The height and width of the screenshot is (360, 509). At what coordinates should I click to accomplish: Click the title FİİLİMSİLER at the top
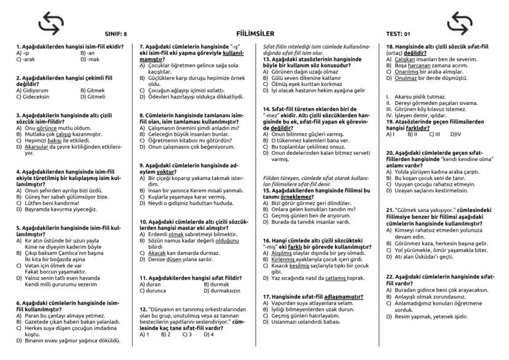click(x=254, y=34)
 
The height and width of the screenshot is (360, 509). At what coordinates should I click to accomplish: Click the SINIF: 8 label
click(x=116, y=34)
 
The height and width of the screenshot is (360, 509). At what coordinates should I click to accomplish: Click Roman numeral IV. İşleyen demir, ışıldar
click(x=418, y=114)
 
